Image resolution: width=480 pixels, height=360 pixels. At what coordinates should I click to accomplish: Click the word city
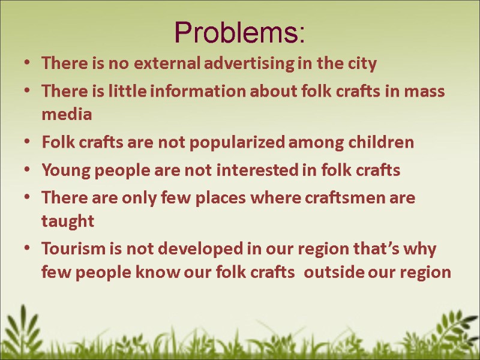click(x=362, y=63)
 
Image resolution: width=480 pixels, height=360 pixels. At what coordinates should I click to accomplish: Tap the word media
click(x=67, y=114)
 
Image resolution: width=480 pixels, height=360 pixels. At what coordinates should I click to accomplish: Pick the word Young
click(x=66, y=170)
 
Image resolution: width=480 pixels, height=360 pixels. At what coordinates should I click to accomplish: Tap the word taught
click(x=68, y=221)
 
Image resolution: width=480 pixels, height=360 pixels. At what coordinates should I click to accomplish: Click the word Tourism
click(x=71, y=248)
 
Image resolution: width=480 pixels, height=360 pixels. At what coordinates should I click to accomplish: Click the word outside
click(x=337, y=272)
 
